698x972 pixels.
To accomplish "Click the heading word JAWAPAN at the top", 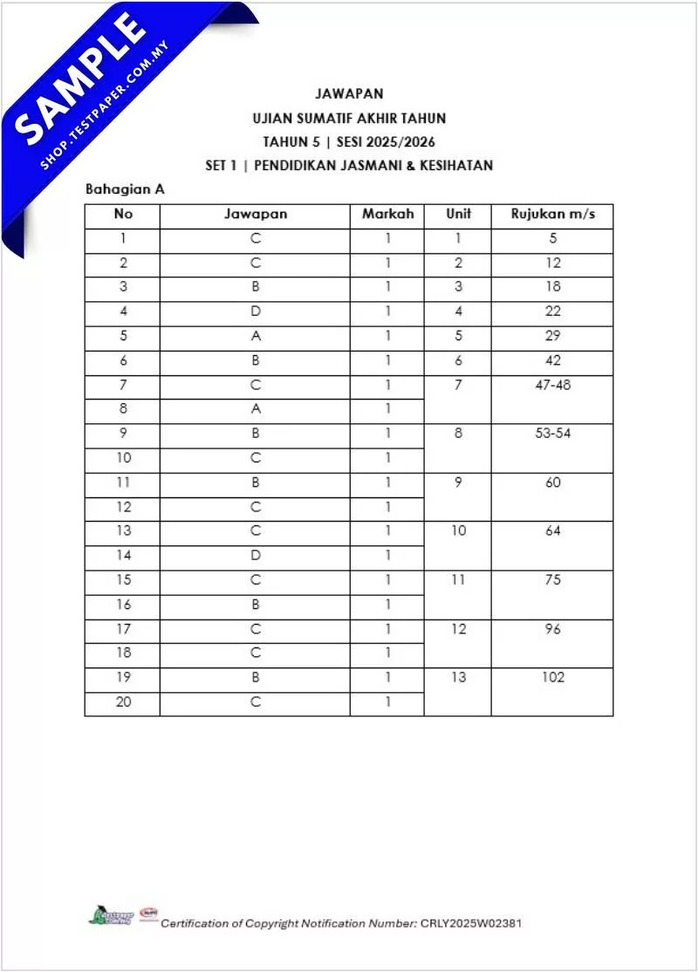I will tap(349, 93).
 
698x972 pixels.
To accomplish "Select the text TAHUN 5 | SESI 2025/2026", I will tap(349, 141).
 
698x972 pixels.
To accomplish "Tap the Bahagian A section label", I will tap(125, 188).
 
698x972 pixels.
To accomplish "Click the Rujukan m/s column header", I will tap(552, 214).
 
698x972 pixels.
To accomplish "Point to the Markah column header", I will tap(387, 214).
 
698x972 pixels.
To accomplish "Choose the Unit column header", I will tap(458, 214).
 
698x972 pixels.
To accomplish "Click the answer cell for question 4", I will tap(256, 311).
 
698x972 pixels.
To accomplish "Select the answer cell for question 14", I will tap(256, 555).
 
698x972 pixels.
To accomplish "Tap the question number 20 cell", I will tap(123, 702).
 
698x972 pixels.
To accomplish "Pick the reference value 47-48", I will tap(552, 385).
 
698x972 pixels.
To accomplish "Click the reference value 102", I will tap(552, 677).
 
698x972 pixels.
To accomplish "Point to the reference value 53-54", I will tap(552, 434).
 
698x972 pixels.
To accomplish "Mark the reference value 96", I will tap(552, 629).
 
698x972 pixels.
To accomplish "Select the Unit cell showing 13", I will tap(458, 677).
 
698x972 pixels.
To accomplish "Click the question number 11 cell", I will tap(123, 482).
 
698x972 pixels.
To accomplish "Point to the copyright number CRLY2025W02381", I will tap(470, 923).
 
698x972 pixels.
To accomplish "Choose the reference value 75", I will tap(552, 580).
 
